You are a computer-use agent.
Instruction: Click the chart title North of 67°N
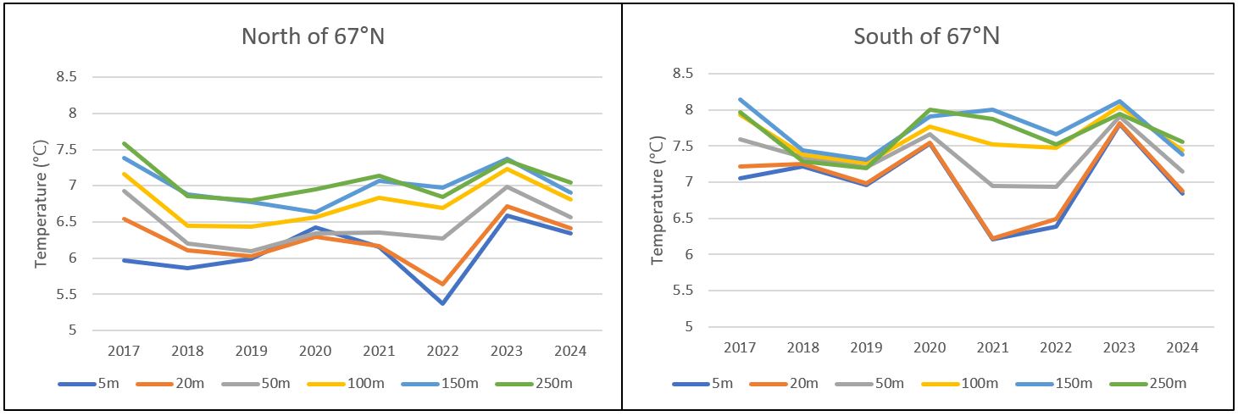[314, 36]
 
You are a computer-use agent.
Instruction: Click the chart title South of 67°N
[926, 36]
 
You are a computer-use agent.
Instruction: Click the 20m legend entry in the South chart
[783, 384]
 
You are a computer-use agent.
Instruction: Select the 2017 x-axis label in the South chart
[740, 347]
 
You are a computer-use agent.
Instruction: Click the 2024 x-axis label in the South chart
[1182, 347]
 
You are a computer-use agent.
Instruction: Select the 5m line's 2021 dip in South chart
[993, 240]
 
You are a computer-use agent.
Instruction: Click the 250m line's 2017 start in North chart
[125, 143]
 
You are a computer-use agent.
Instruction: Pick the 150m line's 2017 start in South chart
[740, 99]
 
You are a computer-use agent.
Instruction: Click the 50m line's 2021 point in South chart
[993, 186]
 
